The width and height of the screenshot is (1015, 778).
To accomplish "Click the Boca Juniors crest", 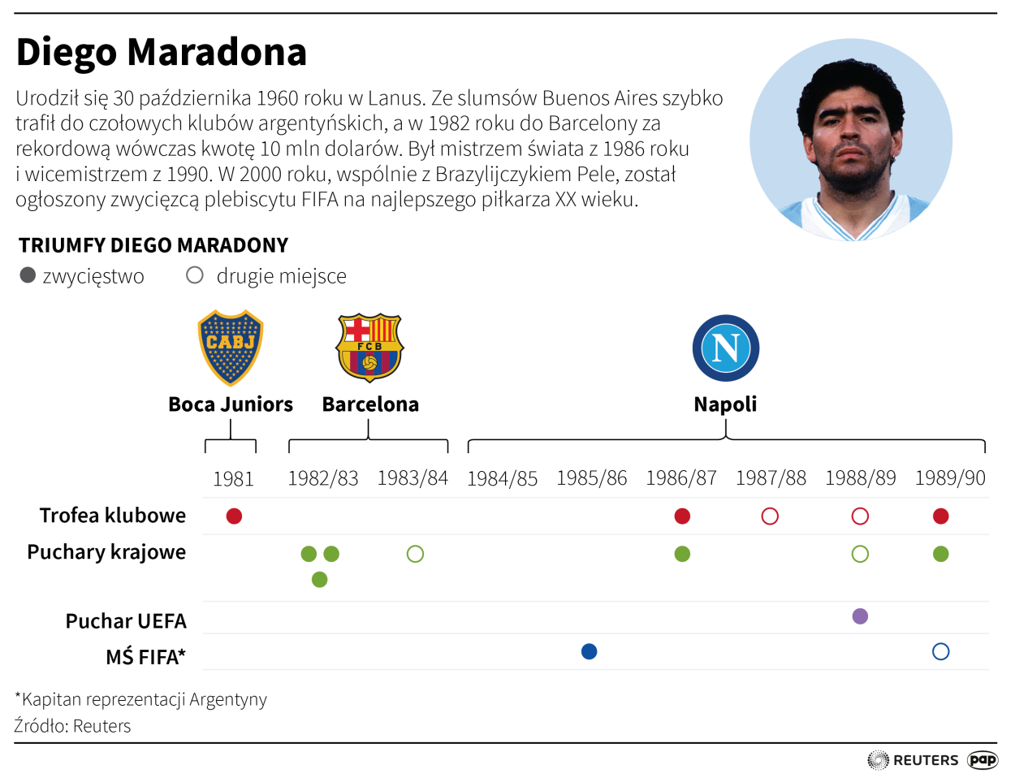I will pos(231,348).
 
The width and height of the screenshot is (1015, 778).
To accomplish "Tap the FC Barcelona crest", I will pos(369,348).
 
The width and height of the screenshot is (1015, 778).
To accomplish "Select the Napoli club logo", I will pos(725,348).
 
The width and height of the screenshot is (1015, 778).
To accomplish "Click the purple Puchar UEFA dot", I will pos(860,616).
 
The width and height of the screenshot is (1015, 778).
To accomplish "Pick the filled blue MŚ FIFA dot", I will pos(590,651).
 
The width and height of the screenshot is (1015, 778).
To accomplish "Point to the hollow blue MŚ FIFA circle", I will pos(941,651).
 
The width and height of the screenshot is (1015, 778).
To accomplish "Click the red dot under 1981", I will pos(234,516).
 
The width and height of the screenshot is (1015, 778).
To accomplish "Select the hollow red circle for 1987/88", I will pos(770,516).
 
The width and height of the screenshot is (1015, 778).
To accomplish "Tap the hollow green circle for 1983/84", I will pos(415,554).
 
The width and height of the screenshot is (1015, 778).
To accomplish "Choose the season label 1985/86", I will pos(591,478).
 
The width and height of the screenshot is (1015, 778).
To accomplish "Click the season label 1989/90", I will pos(949,478).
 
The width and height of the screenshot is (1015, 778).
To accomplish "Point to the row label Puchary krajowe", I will pos(106,552).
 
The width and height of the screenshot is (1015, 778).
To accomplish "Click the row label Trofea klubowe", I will pos(113,516).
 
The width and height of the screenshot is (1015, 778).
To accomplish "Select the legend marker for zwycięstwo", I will pos(28,275).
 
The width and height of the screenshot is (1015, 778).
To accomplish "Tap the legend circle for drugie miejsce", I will pos(195,275).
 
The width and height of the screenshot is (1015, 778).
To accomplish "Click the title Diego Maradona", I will pos(161,52).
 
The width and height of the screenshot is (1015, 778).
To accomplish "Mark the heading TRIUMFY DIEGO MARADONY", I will pos(153,245).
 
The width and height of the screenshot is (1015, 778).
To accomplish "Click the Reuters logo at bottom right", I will pos(913,760).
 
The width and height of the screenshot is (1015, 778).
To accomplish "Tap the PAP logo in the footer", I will pos(983,760).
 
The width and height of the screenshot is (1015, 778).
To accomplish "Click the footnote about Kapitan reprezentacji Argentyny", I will pos(141,699).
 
